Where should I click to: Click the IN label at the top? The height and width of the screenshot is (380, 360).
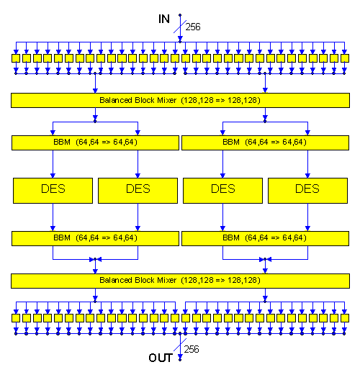[164, 19]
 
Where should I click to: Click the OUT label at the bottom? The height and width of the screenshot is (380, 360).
[161, 358]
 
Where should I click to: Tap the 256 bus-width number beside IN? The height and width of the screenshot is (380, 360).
[193, 27]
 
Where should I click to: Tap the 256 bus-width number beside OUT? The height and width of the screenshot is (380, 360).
[192, 349]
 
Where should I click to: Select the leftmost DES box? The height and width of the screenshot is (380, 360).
[53, 191]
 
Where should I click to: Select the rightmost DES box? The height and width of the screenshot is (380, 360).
[307, 191]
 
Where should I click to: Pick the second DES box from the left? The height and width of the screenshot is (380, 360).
[138, 191]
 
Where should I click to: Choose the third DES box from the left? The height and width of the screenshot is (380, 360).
[222, 191]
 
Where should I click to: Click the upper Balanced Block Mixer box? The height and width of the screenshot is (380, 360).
[180, 100]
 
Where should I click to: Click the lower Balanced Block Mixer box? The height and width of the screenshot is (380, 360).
[180, 281]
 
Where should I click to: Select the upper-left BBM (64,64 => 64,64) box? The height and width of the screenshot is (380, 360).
[95, 142]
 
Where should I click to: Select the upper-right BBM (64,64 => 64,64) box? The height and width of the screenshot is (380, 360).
[265, 142]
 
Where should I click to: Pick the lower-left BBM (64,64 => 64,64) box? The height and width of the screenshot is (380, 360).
[95, 238]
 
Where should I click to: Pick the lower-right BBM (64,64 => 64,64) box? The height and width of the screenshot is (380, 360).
[265, 238]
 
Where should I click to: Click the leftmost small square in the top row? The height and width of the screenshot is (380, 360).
[16, 58]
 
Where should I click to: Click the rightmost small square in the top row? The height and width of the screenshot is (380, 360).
[345, 58]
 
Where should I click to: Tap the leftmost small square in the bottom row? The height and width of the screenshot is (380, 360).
[16, 318]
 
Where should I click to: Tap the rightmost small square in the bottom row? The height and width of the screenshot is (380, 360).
[345, 318]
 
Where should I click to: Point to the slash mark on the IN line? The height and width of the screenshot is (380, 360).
[180, 27]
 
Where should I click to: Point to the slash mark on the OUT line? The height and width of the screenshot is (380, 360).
[180, 345]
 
